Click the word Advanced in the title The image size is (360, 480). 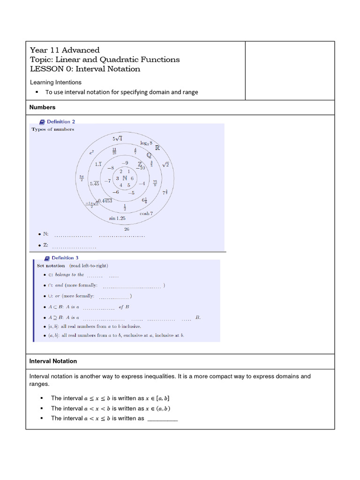pos(81,50)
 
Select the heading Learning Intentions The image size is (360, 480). pos(55,82)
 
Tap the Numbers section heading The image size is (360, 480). pos(42,107)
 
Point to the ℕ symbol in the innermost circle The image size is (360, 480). pos(124,178)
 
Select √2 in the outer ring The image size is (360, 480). pos(165,165)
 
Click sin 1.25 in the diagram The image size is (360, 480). pos(117,218)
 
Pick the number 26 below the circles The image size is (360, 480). pos(127,229)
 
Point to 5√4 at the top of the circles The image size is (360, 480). pos(117,138)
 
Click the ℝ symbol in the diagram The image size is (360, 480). pos(157,148)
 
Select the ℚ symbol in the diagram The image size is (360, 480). pos(149,155)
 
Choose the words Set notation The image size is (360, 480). pos(51,266)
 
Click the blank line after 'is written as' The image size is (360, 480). pos(163,419)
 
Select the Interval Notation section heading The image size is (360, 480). pos(53,361)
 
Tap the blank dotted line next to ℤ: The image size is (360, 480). pos(74,246)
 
